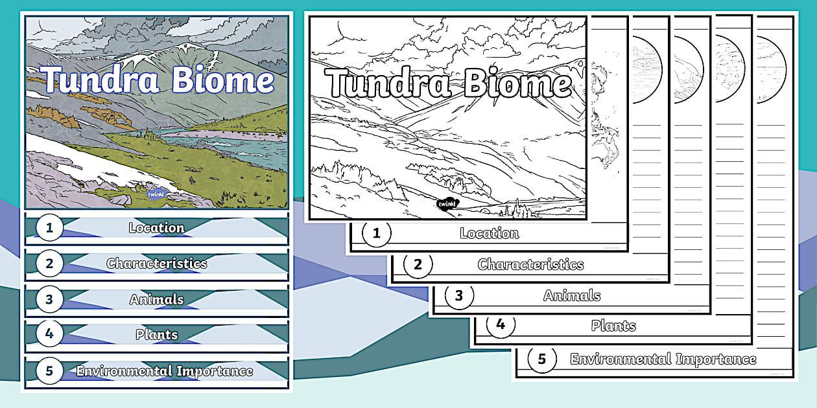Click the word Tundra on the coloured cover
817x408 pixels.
[101, 79]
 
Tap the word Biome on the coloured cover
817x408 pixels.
[222, 79]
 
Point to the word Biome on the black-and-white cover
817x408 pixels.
[517, 84]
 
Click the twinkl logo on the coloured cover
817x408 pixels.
[157, 194]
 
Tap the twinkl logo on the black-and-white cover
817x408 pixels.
[447, 203]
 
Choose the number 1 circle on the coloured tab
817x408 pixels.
[49, 228]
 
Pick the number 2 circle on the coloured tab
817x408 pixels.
[49, 264]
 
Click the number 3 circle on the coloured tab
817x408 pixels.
[49, 299]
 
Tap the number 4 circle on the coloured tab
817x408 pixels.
[49, 334]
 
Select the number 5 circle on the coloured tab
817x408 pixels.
[49, 371]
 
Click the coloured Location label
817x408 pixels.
[157, 228]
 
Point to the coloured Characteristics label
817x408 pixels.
[157, 264]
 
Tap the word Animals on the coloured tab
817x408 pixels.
[157, 299]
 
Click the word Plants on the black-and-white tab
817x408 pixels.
[613, 326]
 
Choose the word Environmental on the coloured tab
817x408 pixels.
[124, 371]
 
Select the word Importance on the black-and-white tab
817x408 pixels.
[716, 359]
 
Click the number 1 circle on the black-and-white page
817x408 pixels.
[376, 233]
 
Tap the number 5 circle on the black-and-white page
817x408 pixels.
[542, 359]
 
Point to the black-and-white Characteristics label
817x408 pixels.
[530, 264]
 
